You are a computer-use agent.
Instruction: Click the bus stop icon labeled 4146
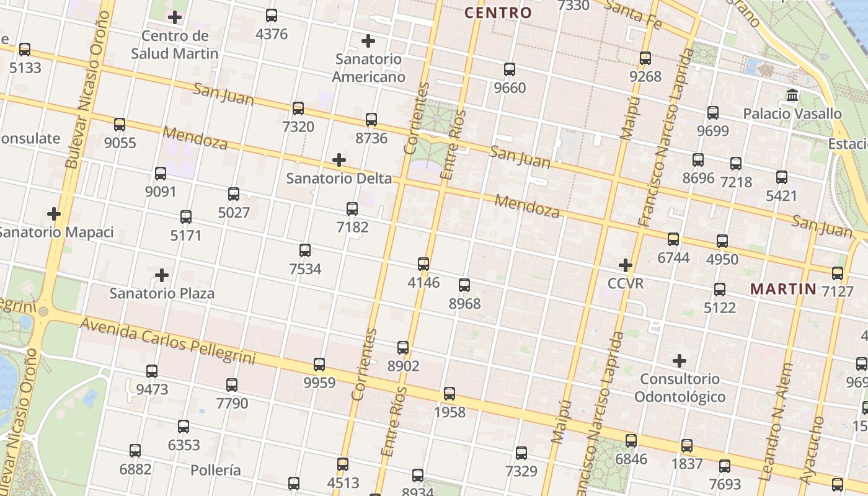pyautogui.click(x=423, y=264)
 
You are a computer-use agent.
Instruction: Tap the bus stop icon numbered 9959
pyautogui.click(x=319, y=365)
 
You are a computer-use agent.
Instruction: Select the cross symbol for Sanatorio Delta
pyautogui.click(x=339, y=160)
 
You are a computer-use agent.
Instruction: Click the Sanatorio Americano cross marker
pyautogui.click(x=368, y=41)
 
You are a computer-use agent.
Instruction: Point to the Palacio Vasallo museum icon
pyautogui.click(x=792, y=95)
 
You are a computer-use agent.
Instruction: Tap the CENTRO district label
pyautogui.click(x=498, y=12)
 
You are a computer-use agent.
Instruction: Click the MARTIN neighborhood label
pyautogui.click(x=783, y=288)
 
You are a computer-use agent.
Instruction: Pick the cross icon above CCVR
pyautogui.click(x=626, y=265)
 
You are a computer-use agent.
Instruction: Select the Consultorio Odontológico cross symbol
pyautogui.click(x=680, y=360)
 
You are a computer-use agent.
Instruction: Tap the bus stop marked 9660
pyautogui.click(x=510, y=69)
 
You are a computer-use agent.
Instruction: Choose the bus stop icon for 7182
pyautogui.click(x=352, y=209)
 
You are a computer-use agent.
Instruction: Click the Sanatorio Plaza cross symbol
pyautogui.click(x=162, y=275)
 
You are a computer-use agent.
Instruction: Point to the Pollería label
pyautogui.click(x=215, y=470)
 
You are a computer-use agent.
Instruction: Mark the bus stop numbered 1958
pyautogui.click(x=449, y=394)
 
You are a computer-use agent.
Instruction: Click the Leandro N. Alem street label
pyautogui.click(x=776, y=422)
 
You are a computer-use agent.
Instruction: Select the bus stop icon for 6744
pyautogui.click(x=673, y=239)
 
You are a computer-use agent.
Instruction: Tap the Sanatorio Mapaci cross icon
pyautogui.click(x=54, y=214)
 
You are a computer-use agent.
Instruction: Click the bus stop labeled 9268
pyautogui.click(x=645, y=58)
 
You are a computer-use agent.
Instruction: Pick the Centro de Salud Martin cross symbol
pyautogui.click(x=175, y=17)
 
